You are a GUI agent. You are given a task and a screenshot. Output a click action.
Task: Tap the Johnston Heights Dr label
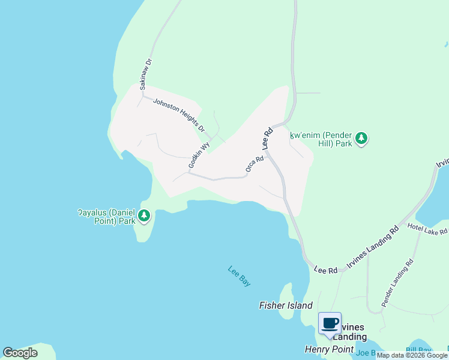point(179,115)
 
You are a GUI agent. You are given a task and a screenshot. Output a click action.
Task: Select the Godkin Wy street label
point(199,154)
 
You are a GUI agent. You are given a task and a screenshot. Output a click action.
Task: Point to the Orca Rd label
point(255,166)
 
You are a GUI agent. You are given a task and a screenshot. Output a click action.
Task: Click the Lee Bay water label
point(240,275)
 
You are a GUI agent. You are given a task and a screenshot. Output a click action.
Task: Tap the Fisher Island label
point(286,305)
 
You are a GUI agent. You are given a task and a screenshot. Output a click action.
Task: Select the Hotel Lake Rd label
point(427,229)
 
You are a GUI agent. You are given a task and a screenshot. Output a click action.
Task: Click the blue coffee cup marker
point(330,323)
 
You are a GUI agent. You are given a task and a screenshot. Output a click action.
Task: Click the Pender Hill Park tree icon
point(361,139)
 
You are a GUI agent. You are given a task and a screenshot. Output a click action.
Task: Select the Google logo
point(20,353)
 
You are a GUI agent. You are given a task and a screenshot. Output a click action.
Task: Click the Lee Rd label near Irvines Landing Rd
point(326,271)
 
